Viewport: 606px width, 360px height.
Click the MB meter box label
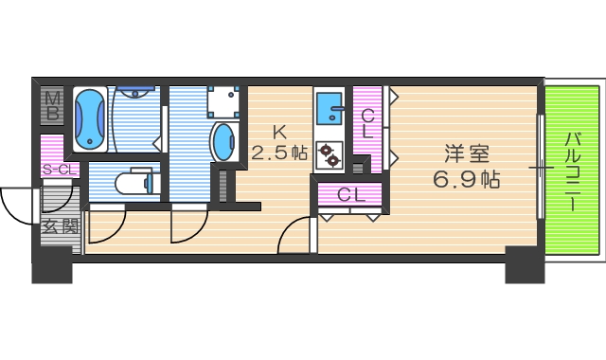53,106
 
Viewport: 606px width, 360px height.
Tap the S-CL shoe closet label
59,170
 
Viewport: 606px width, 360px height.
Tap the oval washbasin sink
224,141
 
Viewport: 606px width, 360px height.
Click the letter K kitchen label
279,131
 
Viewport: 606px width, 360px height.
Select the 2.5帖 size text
279,152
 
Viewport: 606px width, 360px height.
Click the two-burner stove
330,154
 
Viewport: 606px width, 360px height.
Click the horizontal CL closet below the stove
351,196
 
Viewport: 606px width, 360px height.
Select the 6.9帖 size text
468,177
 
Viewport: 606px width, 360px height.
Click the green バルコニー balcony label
574,171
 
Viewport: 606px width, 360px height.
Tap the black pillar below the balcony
525,265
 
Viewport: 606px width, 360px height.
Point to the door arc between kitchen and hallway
294,236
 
